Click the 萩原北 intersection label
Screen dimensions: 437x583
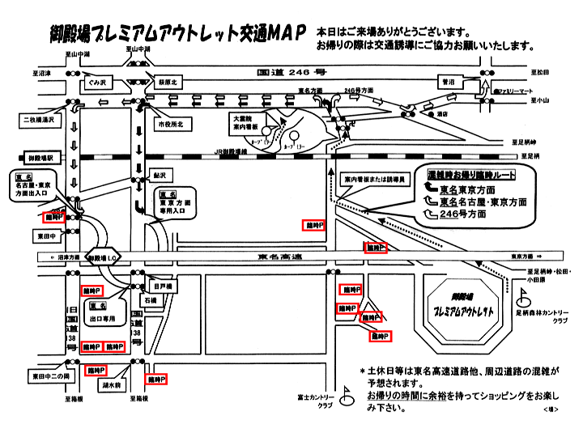168,83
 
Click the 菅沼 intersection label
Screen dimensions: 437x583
447,82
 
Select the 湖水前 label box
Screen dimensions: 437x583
112,385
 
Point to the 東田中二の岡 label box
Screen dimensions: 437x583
52,376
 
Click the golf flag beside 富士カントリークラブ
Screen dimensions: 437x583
343,395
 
